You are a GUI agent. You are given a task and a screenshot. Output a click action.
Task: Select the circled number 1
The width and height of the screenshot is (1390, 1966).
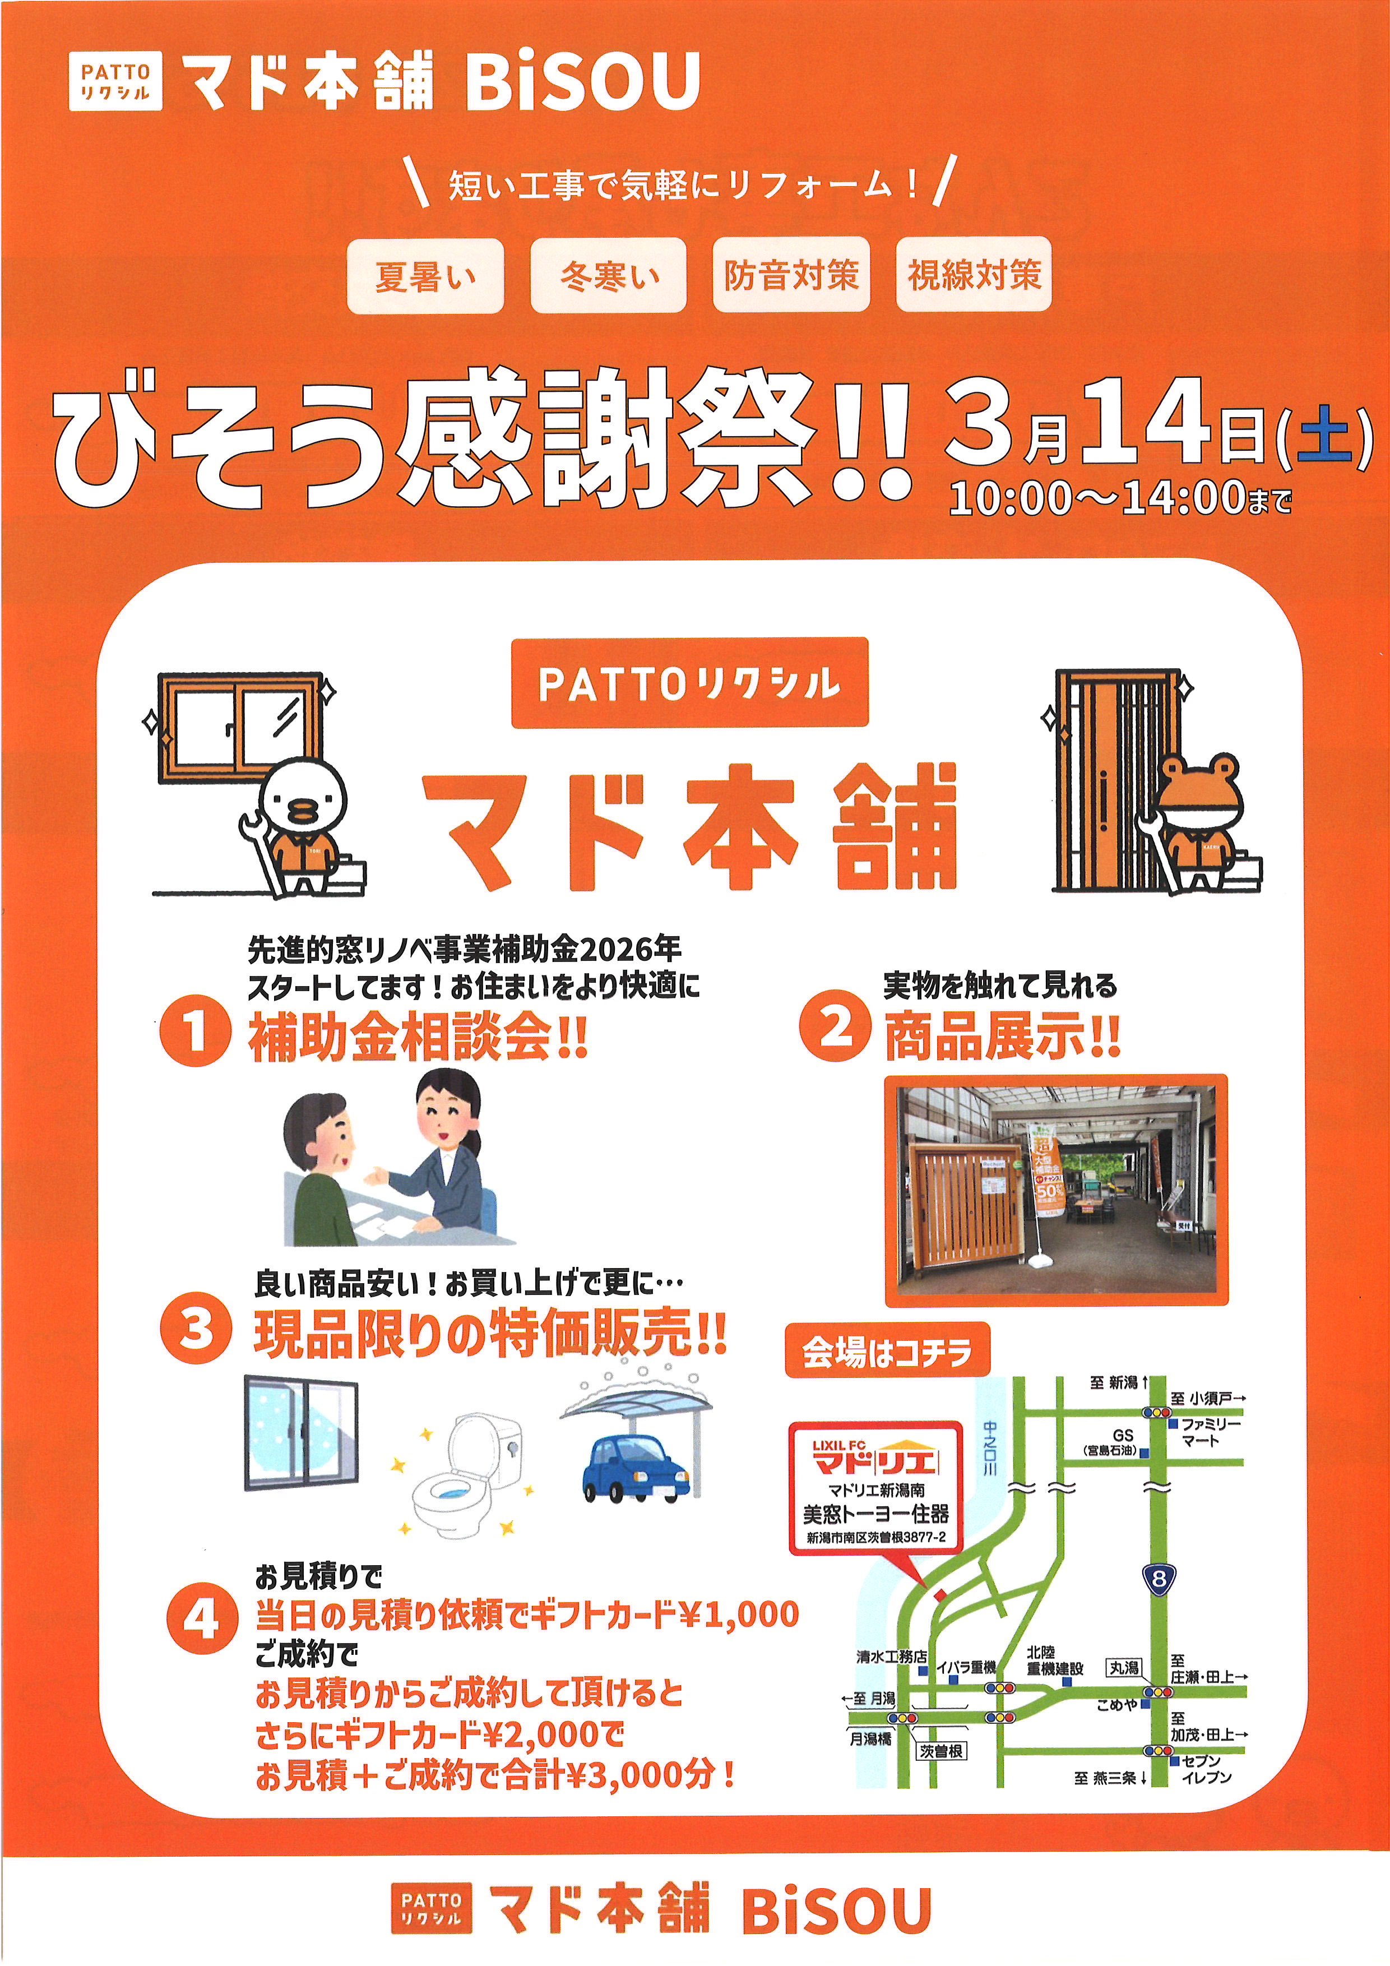coord(196,1030)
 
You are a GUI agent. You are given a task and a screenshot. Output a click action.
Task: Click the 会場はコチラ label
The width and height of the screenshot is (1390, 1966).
coord(887,1351)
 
